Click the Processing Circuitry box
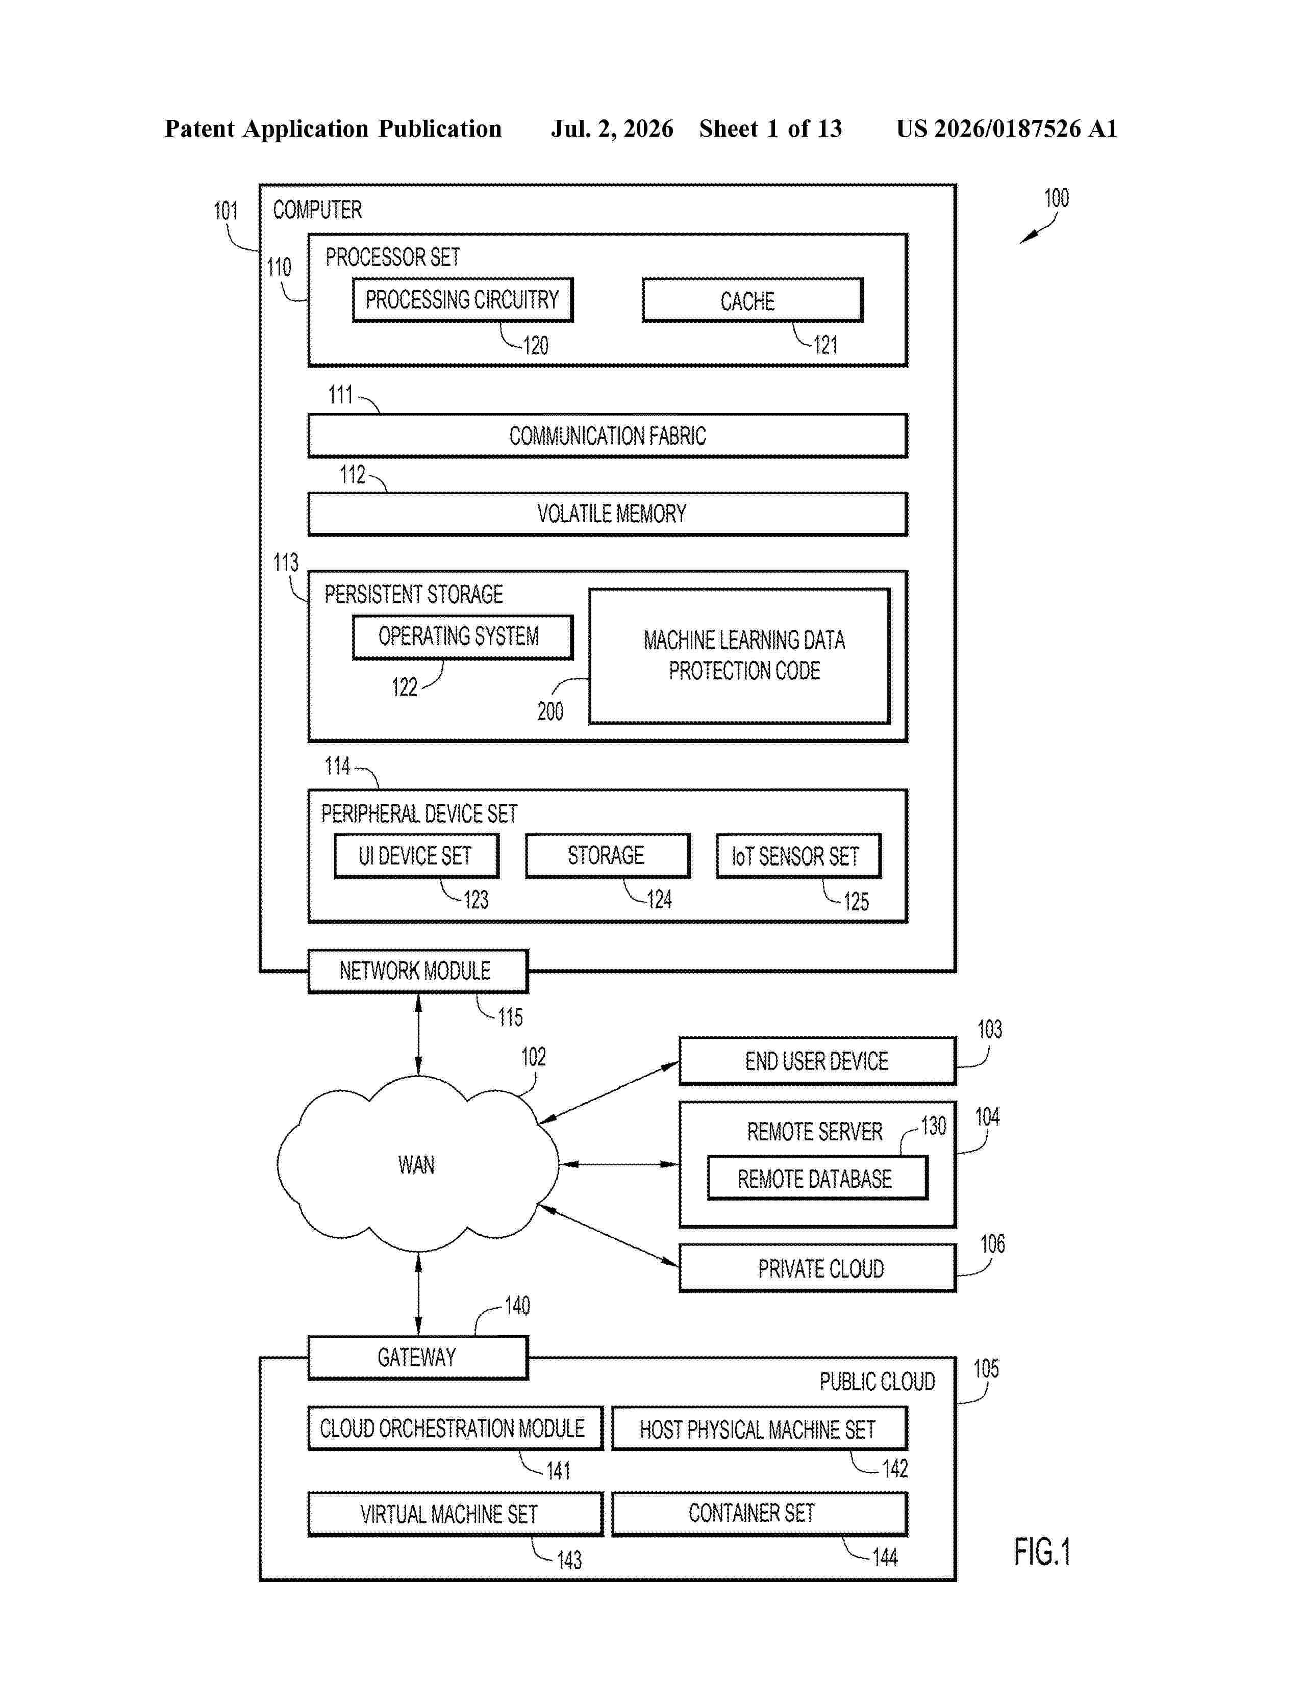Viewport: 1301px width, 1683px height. pos(462,300)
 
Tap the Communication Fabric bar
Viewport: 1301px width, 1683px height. pos(607,436)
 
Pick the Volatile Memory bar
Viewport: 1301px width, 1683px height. pos(607,514)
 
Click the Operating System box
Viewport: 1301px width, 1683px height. pos(462,637)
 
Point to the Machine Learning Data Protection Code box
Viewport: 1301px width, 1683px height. pos(740,656)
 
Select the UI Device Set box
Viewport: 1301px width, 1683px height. pos(416,856)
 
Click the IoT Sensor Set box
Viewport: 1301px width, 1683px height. pos(798,856)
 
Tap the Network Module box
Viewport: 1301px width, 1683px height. pos(418,971)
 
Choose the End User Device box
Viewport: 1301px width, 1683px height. pos(817,1061)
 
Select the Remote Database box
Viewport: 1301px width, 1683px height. pos(817,1178)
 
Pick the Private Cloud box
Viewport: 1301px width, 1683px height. pos(817,1268)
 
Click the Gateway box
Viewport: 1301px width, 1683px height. pos(418,1357)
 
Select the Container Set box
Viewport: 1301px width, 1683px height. pos(759,1514)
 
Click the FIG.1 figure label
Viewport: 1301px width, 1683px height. pos(1042,1551)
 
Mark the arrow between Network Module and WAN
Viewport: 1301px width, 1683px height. pos(418,1034)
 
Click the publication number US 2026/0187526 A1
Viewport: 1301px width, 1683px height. pos(1007,129)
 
